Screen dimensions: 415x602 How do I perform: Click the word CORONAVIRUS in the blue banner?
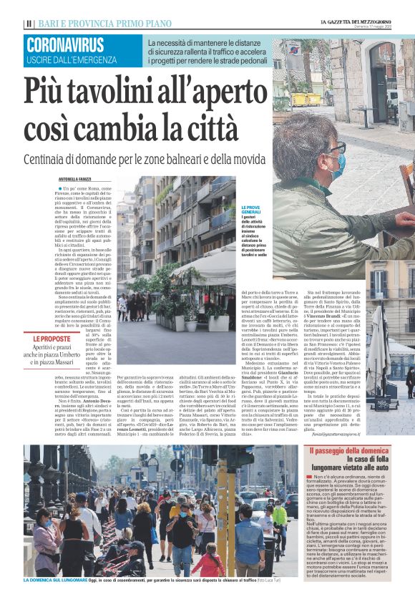click(x=64, y=45)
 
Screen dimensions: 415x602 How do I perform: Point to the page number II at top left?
click(x=29, y=24)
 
